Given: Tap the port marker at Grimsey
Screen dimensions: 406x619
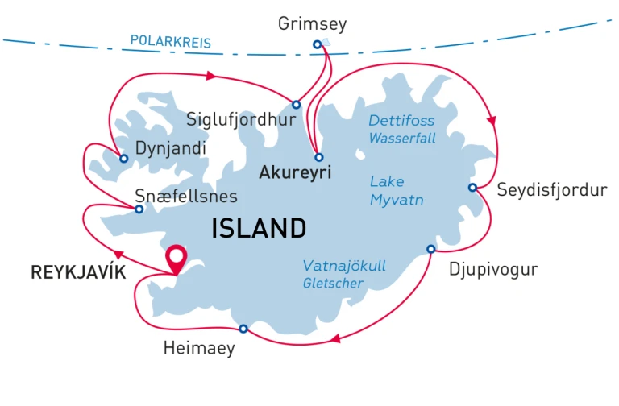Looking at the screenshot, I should pyautogui.click(x=317, y=44).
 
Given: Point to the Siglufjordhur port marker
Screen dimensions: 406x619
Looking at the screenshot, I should pyautogui.click(x=297, y=105).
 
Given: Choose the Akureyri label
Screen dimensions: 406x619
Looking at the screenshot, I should pyautogui.click(x=295, y=172).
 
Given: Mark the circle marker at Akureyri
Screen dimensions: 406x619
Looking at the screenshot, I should pyautogui.click(x=319, y=157).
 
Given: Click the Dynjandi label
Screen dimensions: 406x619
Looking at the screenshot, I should pyautogui.click(x=171, y=149).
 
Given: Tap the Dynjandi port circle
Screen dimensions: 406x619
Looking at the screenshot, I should pyautogui.click(x=124, y=159).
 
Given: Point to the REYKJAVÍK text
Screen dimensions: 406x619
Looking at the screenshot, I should pyautogui.click(x=78, y=272).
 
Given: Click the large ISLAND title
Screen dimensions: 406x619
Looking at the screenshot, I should pyautogui.click(x=259, y=229).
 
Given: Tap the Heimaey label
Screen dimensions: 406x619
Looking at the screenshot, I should pyautogui.click(x=199, y=349).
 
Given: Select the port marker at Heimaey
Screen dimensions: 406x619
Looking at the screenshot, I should pyautogui.click(x=243, y=328).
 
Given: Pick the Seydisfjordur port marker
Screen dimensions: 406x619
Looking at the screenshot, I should pyautogui.click(x=472, y=188).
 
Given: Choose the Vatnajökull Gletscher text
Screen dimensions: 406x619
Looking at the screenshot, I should pyautogui.click(x=333, y=274).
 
